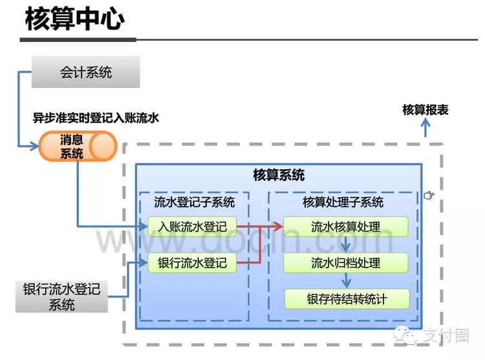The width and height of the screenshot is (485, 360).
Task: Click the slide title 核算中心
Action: (x=74, y=19)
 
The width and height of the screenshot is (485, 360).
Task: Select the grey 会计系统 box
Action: (x=86, y=72)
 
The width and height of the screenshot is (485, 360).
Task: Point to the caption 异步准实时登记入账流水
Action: (x=96, y=118)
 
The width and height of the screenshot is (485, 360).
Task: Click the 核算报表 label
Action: (x=425, y=110)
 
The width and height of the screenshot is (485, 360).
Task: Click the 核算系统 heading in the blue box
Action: (x=279, y=175)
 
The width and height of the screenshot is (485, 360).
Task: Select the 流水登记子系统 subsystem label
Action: (x=194, y=202)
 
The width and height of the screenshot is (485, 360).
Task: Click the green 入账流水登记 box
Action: (x=192, y=227)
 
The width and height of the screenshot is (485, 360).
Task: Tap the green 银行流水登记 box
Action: (x=192, y=263)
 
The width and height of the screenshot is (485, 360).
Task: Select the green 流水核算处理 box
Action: (x=346, y=227)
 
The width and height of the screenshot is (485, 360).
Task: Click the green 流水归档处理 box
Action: (x=346, y=263)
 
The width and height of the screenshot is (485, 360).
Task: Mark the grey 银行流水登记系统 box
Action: (x=61, y=297)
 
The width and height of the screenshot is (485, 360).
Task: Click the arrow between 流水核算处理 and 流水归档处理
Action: (x=347, y=245)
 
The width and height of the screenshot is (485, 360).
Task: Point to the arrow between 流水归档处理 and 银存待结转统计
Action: (x=347, y=281)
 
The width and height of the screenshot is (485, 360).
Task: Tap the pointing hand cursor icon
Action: (x=429, y=195)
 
